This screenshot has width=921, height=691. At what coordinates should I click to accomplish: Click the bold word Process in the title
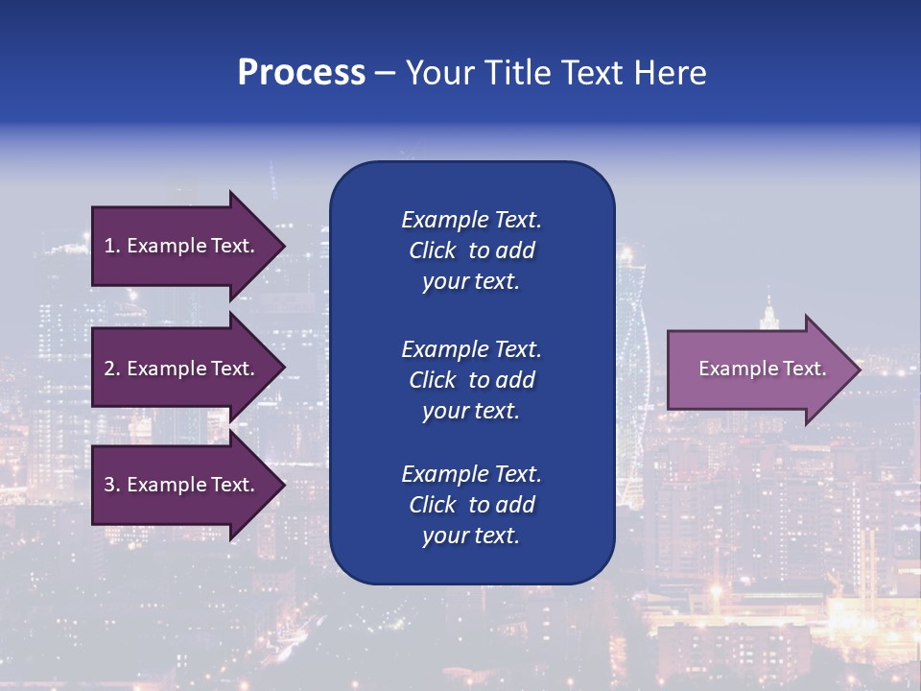[x=301, y=73]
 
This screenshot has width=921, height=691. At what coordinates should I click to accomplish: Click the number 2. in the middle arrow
[x=112, y=369]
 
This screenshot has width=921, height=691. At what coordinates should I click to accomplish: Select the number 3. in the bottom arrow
[x=112, y=485]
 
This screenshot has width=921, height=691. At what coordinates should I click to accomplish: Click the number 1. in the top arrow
[x=111, y=246]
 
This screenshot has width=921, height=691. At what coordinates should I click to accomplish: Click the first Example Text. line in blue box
[x=471, y=220]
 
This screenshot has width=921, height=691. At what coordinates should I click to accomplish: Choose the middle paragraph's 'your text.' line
[x=471, y=411]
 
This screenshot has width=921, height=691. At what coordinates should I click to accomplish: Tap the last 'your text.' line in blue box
[x=471, y=536]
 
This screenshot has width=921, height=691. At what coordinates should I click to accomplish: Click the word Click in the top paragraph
[x=432, y=250]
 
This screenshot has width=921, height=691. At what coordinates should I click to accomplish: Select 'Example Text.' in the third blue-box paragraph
[x=471, y=474]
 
